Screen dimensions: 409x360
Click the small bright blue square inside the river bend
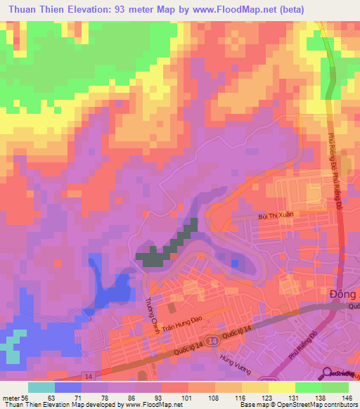pyautogui.click(x=234, y=264)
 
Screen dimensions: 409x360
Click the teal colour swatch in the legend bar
pyautogui.click(x=41, y=387)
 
